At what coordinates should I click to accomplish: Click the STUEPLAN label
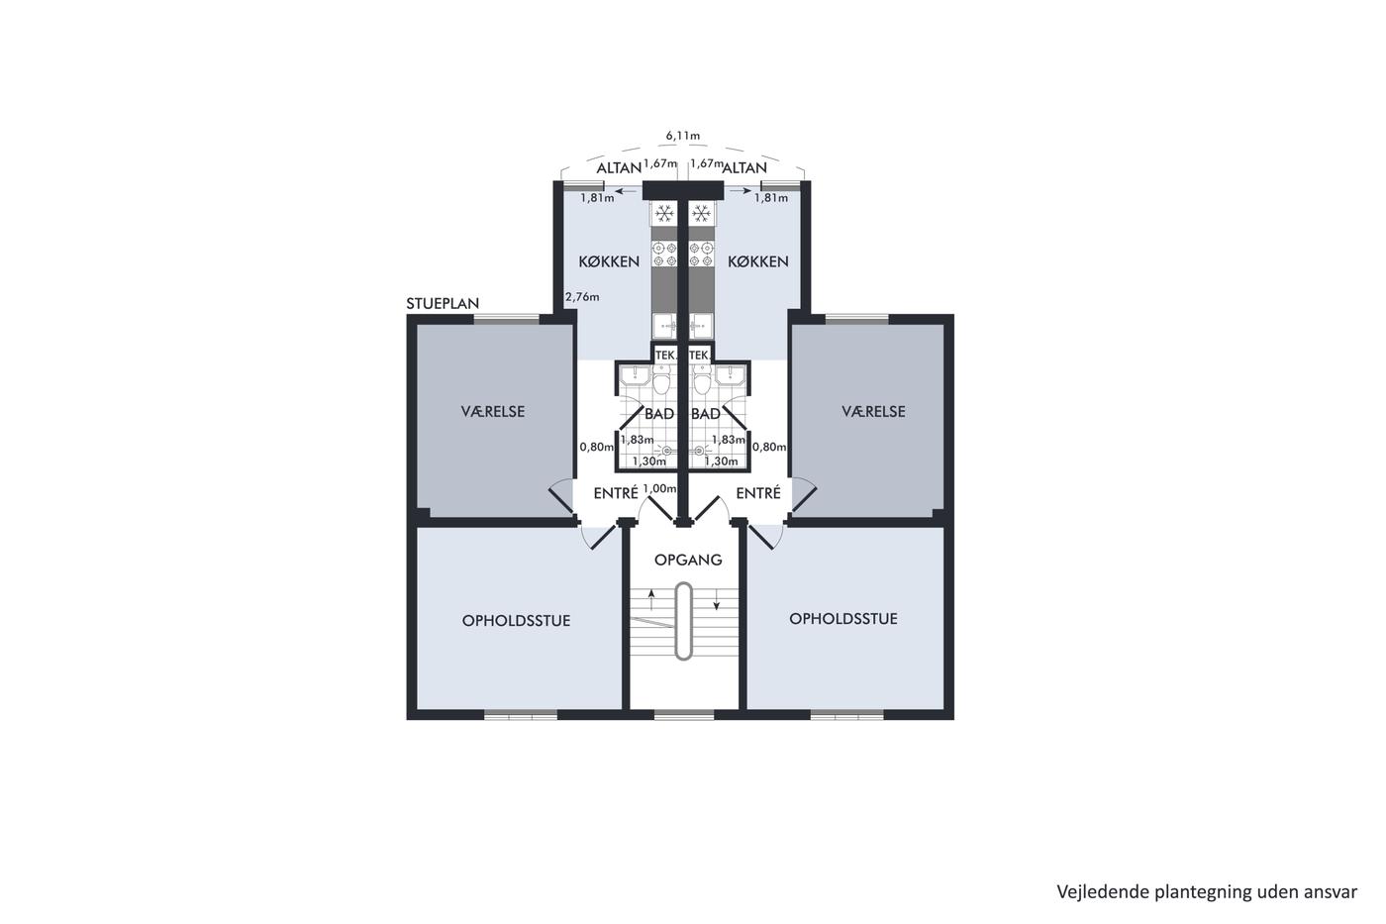pos(443,303)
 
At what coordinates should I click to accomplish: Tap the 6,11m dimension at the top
pos(682,136)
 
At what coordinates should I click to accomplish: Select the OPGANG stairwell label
pos(688,560)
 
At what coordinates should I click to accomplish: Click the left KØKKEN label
pos(609,261)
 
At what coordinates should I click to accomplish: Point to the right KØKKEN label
pos(758,261)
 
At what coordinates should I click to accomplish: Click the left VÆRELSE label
pos(493,412)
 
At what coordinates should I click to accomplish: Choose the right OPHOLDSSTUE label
pos(842,619)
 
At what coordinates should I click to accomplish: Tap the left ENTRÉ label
pos(616,493)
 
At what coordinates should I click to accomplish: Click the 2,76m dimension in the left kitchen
pos(582,297)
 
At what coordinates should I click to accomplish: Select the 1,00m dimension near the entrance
pos(659,488)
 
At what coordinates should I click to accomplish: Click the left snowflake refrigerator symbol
pos(664,214)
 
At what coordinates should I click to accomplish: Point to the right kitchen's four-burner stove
pos(701,255)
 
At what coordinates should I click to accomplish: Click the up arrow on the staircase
pos(651,600)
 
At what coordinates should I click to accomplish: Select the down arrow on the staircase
pos(717,599)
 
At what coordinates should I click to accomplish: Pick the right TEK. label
pos(699,356)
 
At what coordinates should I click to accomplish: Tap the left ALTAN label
pos(618,167)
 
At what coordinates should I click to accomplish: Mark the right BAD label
pos(705,414)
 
